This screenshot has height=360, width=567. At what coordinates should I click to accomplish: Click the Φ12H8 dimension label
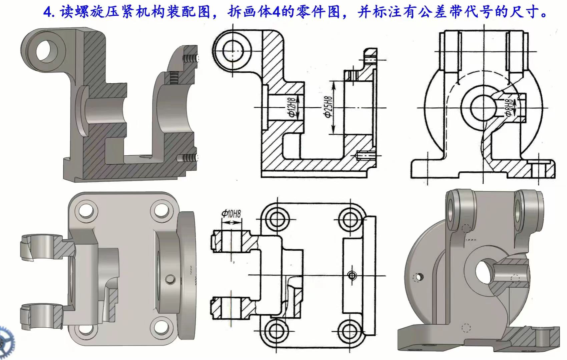(x=292, y=107)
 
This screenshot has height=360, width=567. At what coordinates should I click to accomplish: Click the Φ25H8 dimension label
(x=328, y=107)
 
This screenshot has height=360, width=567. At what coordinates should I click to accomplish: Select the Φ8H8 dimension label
(x=509, y=108)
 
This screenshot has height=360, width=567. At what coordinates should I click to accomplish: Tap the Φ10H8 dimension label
(x=231, y=214)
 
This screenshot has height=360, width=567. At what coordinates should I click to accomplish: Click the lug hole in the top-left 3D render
(x=47, y=51)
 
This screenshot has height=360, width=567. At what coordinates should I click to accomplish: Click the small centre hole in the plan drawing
(x=352, y=275)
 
